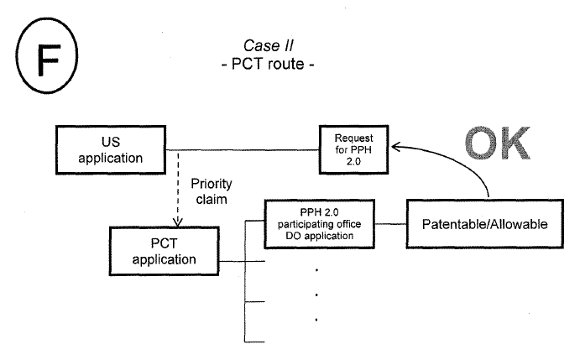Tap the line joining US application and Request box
[243, 151]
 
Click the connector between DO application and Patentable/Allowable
[389, 225]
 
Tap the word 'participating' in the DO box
[320, 224]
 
